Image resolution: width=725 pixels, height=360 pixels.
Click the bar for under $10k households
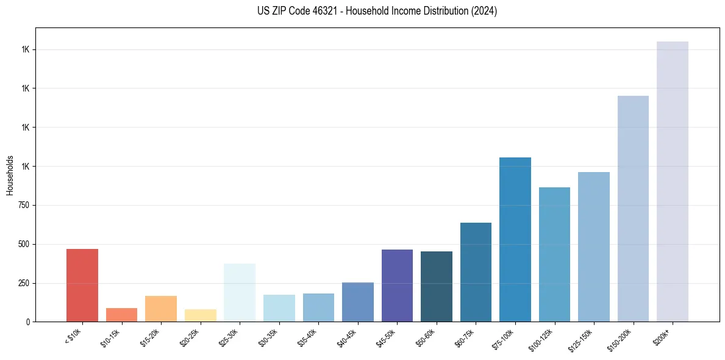tap(82, 285)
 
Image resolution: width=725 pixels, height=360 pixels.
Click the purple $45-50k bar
tap(397, 286)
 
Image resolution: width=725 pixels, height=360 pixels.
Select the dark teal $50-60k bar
tap(437, 287)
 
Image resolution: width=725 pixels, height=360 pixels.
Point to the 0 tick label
tap(27, 322)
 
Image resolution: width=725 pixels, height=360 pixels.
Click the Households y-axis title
tap(10, 175)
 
